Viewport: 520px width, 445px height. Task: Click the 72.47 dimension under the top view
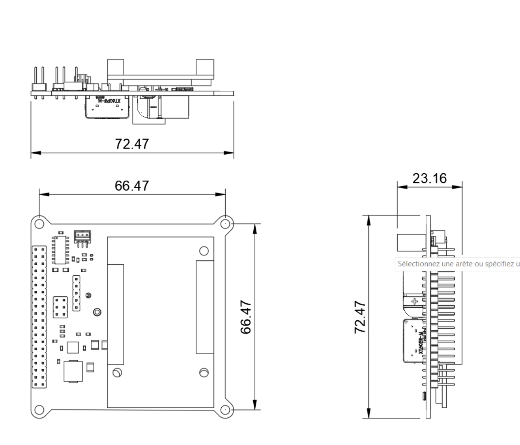[x=132, y=144]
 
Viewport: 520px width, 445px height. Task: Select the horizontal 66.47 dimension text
[x=132, y=185]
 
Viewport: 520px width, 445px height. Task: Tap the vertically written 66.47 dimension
[x=246, y=317]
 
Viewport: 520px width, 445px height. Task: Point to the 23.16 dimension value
[x=430, y=178]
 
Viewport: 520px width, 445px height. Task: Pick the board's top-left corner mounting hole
[x=39, y=224]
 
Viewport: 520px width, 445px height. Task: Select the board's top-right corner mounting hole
[x=225, y=224]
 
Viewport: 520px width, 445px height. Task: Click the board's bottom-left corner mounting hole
[x=39, y=409]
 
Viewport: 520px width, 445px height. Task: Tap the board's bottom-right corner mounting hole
[x=225, y=409]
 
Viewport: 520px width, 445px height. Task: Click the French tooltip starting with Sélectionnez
[x=458, y=264]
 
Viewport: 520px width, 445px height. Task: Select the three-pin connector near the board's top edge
[x=82, y=235]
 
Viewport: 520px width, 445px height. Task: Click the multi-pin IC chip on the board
[x=60, y=250]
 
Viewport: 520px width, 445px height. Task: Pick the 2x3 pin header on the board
[x=60, y=307]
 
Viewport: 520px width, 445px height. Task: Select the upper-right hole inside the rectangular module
[x=204, y=251]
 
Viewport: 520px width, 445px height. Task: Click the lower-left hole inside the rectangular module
[x=117, y=372]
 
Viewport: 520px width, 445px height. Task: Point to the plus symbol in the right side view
[x=415, y=301]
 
